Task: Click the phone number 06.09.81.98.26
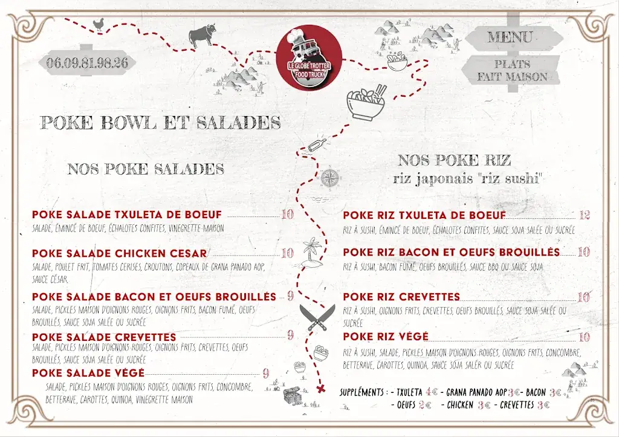pos(86,62)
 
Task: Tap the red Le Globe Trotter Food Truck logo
pos(310,58)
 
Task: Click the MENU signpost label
pos(510,37)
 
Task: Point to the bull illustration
pos(202,35)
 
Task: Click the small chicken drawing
pos(98,25)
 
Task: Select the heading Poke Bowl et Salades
pos(160,123)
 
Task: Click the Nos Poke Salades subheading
pos(146,169)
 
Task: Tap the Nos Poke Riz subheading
pos(455,160)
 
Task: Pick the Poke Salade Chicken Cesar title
pos(120,253)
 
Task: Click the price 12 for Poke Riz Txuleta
pos(584,215)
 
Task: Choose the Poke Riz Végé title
pos(386,337)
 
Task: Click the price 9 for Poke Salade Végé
pos(265,373)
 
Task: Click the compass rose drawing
pos(330,178)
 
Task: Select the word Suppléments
pos(363,392)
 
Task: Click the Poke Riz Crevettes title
pos(401,297)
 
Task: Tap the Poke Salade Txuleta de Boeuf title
pos(127,215)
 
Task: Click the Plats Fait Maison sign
pos(511,70)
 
